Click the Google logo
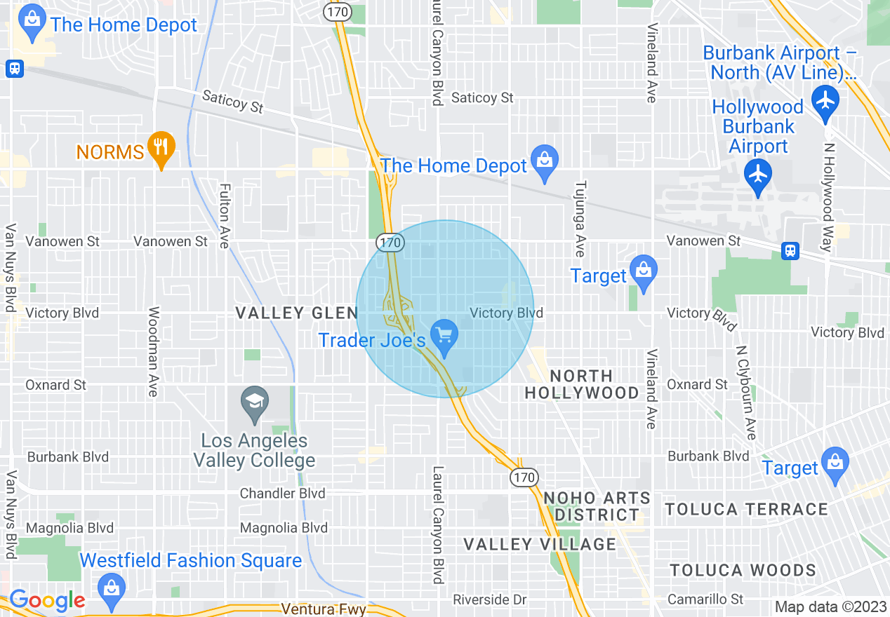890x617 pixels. coord(48,600)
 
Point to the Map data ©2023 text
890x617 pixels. coord(830,606)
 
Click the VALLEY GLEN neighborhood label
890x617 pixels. coord(297,313)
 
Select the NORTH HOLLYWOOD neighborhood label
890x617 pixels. coord(582,384)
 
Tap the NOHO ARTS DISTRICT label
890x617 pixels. coord(597,506)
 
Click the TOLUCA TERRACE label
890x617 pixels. coord(747,509)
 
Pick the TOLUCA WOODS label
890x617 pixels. coord(743,570)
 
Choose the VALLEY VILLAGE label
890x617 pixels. coord(540,544)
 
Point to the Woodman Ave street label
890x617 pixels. coord(153,351)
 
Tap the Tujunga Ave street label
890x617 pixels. coord(580,219)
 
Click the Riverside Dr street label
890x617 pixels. coord(489,599)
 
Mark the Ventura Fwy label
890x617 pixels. coord(323,609)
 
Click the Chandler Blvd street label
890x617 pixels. coord(283,493)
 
